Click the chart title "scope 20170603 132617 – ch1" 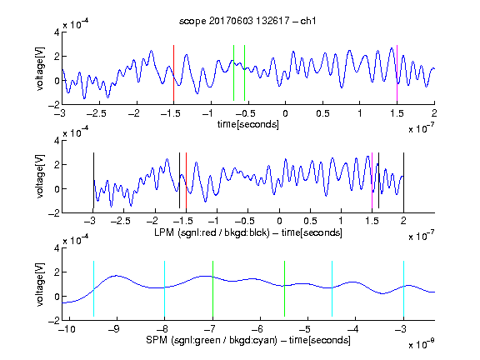(x=247, y=21)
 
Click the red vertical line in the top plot (x=173, y=72)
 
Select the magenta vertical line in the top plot (x=397, y=72)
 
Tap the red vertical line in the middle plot (x=186, y=180)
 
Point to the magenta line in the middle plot (x=372, y=180)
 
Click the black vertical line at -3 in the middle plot (x=93, y=180)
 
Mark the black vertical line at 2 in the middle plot (x=404, y=180)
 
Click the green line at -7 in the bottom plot (x=212, y=288)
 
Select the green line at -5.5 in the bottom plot (x=284, y=288)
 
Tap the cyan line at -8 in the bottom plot (x=165, y=288)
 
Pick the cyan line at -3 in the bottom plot (x=404, y=288)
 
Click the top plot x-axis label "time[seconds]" (x=248, y=124)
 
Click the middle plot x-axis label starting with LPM (x=248, y=232)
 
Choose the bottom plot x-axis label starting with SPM (x=248, y=340)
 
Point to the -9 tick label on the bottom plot (x=114, y=329)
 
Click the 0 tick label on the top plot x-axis (x=285, y=113)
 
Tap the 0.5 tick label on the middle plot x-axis (x=310, y=221)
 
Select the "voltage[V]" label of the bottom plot (x=40, y=284)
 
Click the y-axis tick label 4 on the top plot (x=57, y=32)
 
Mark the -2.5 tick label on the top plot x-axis (x=96, y=113)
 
